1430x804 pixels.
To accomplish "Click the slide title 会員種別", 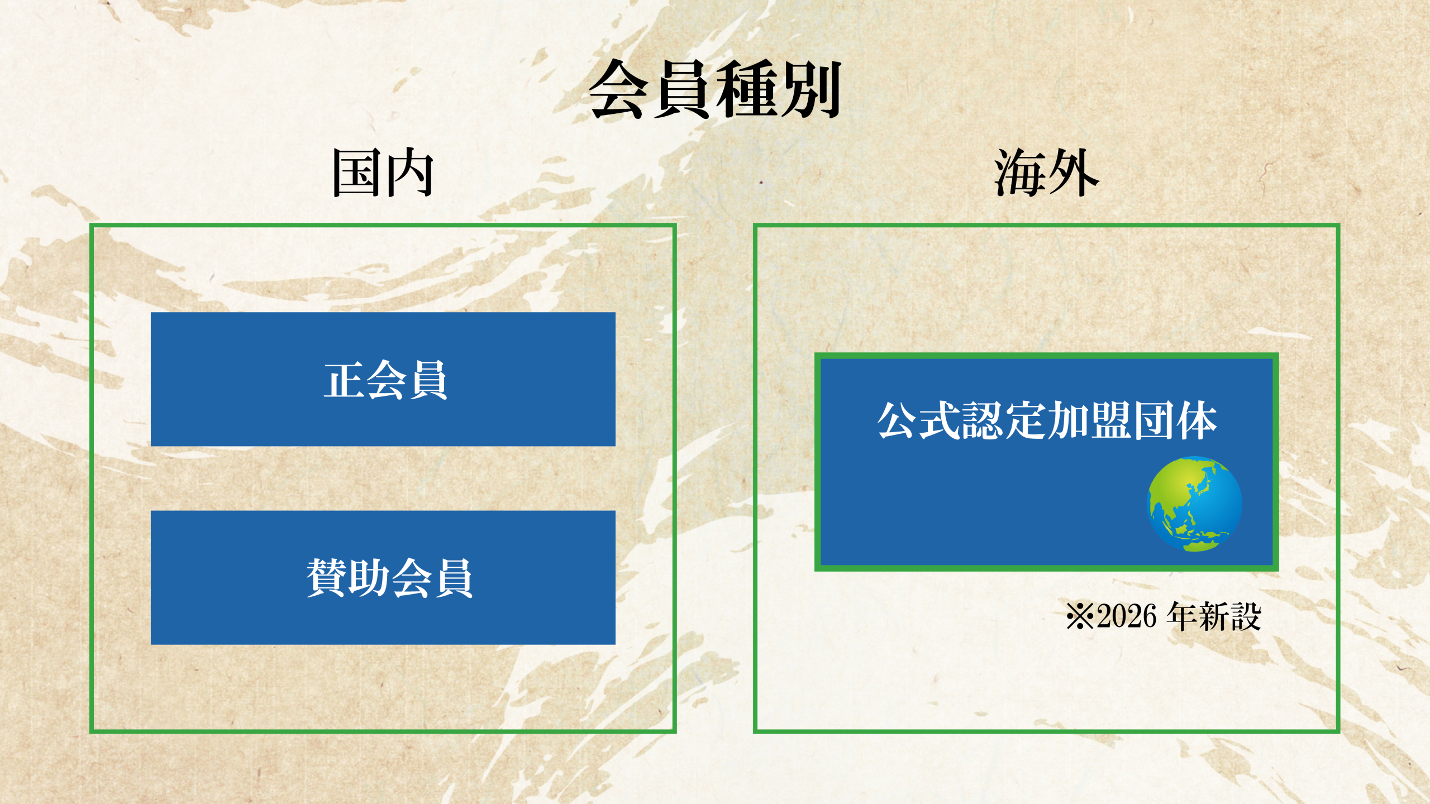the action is [x=715, y=89].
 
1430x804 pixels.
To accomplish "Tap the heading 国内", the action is [x=383, y=173].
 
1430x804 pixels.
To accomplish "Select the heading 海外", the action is [x=1047, y=173].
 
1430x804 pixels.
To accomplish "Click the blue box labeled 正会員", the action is [x=383, y=379].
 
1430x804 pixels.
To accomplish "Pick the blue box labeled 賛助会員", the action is [x=383, y=577].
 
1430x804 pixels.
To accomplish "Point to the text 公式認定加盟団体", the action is [x=1047, y=420].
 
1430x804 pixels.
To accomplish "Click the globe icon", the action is [x=1194, y=504].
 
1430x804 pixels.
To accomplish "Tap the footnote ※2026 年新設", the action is [x=1164, y=616].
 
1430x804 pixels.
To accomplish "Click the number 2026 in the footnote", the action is [x=1126, y=617].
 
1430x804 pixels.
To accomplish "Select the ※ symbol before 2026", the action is [x=1080, y=617].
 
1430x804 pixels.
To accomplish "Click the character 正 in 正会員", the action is [x=344, y=380].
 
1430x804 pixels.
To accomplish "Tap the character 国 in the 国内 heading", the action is [x=357, y=173].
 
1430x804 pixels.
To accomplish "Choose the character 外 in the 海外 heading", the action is [x=1074, y=173].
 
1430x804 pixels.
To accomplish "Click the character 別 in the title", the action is [x=811, y=89].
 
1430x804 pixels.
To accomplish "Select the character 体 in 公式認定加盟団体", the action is [x=1197, y=420].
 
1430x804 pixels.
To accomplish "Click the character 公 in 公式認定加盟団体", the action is [x=898, y=420].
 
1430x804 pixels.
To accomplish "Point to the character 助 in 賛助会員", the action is [x=369, y=578].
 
